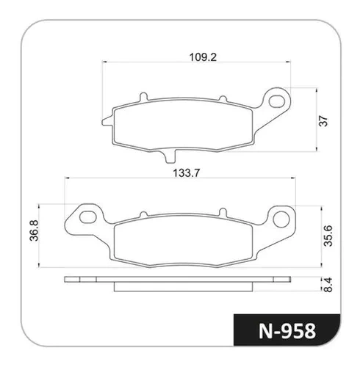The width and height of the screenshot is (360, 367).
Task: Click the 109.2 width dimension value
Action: coord(203,57)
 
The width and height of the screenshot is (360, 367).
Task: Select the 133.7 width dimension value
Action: coord(187,173)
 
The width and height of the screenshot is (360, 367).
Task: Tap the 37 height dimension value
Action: coord(323,121)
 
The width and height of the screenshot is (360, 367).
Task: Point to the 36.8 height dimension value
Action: coord(34,230)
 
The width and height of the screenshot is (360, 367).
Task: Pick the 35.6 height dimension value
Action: coord(328,236)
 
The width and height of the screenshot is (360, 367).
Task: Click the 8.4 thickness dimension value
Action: coord(328,284)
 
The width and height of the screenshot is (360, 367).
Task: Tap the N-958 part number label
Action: coord(287,331)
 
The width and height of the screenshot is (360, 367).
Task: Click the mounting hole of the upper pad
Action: coord(277,101)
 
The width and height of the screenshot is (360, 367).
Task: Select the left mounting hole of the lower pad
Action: coord(88,217)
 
